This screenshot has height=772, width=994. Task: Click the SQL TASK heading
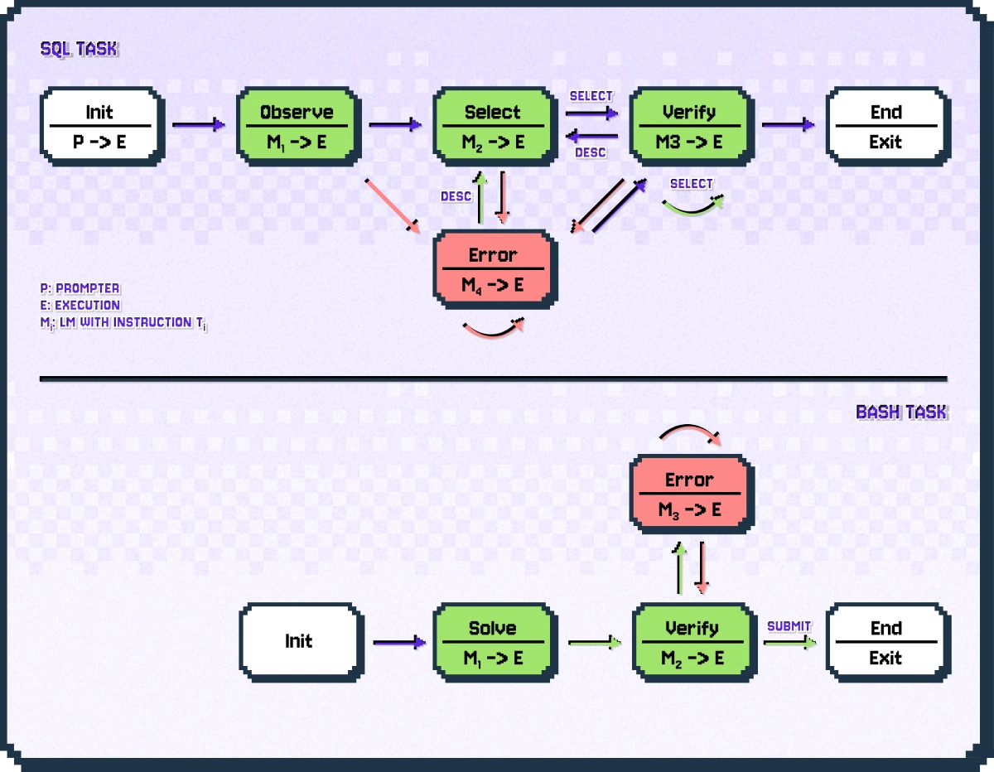pos(80,50)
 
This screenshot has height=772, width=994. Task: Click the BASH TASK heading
pos(901,412)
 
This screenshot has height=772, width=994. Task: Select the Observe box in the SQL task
pos(297,126)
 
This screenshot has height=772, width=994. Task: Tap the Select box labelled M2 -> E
pos(494,126)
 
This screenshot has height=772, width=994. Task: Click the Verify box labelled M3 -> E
pos(691,126)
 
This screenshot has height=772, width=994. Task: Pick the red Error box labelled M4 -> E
pos(494,269)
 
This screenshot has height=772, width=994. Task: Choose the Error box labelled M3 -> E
pos(691,494)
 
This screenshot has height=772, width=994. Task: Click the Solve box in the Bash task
pos(494,642)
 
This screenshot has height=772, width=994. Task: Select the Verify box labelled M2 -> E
pos(691,642)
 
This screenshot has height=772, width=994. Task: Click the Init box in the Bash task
pos(300,642)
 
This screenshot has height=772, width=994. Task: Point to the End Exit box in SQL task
pos(886,126)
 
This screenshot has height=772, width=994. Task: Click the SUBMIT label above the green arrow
pos(789,626)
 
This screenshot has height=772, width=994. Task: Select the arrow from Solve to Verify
pos(594,642)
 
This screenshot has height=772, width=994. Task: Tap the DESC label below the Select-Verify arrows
pos(590,152)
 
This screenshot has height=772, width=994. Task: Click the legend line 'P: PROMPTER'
pos(80,288)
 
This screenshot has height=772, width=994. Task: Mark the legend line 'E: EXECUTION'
pos(80,305)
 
